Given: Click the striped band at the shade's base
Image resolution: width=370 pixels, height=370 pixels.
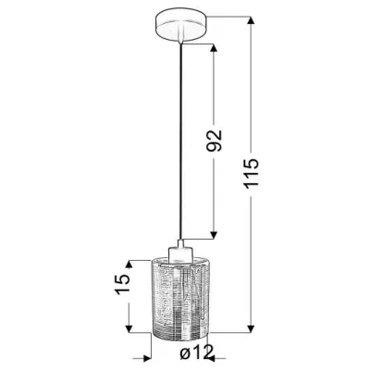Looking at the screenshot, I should click(178, 323).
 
